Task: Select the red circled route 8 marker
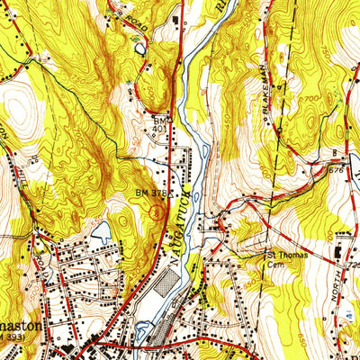point(157,212)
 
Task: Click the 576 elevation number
point(338,168)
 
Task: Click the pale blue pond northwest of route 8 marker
point(101,230)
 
